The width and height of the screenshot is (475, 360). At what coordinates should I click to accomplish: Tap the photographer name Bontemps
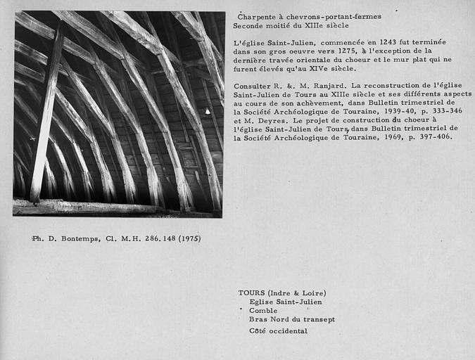tap(82, 238)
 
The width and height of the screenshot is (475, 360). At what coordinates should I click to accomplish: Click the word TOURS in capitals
tap(252, 293)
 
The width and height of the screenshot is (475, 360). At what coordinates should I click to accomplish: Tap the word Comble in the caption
tap(263, 310)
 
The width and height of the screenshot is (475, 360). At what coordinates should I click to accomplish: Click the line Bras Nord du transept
tap(291, 319)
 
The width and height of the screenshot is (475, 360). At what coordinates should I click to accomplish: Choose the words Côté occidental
tap(278, 330)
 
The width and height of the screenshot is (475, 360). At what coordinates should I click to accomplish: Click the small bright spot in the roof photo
tap(207, 111)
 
